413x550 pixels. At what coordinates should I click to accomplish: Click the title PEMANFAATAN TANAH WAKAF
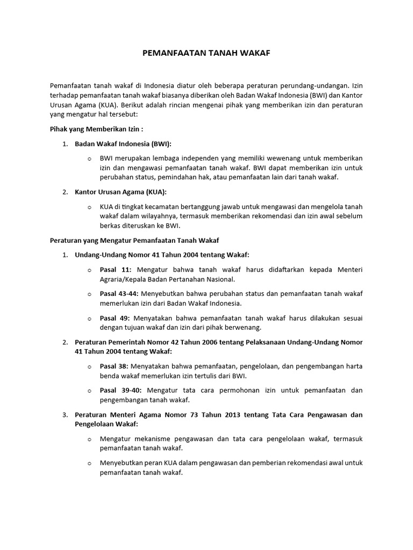(206, 53)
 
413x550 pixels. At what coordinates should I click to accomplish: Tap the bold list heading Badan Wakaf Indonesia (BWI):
(123, 144)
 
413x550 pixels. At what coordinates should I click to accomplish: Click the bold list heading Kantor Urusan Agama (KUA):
(120, 192)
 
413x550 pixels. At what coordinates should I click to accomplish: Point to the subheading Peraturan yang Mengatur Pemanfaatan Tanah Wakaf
(134, 240)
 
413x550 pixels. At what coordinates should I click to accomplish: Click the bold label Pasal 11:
(116, 270)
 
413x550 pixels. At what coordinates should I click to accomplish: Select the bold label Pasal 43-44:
(119, 293)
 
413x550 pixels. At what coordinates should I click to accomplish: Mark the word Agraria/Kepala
(124, 279)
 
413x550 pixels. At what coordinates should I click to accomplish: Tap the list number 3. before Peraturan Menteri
(65, 415)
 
